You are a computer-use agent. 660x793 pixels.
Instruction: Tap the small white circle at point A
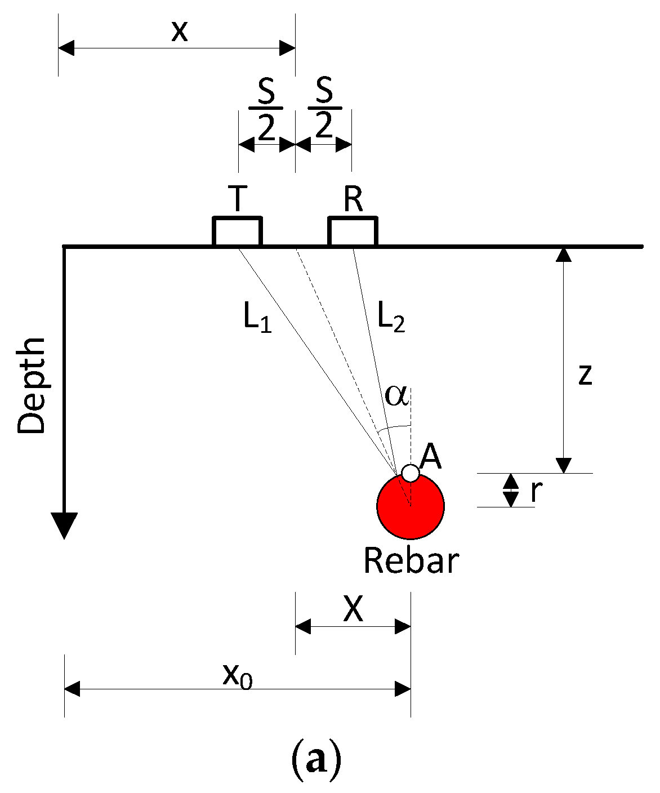pos(411,473)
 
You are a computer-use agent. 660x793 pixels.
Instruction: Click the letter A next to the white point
pos(431,456)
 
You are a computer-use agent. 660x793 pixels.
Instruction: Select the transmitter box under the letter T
pos(237,231)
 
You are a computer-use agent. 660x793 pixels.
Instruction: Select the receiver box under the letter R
pos(353,231)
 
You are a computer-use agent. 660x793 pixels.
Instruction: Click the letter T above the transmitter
pos(238,199)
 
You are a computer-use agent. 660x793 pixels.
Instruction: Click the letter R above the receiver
pos(353,199)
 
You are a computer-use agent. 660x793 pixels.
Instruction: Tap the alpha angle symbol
pos(396,396)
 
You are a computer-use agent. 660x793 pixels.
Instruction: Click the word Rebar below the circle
pos(411,561)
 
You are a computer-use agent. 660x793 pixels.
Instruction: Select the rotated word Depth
pos(32,386)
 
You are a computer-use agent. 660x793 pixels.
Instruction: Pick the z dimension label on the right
pos(586,375)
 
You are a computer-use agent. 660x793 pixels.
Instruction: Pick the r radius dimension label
pos(536,491)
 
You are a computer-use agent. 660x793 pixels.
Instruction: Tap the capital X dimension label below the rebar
pos(353,609)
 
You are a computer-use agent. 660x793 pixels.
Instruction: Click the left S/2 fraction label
pos(266,108)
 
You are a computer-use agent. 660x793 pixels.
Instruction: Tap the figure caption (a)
pos(315,760)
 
